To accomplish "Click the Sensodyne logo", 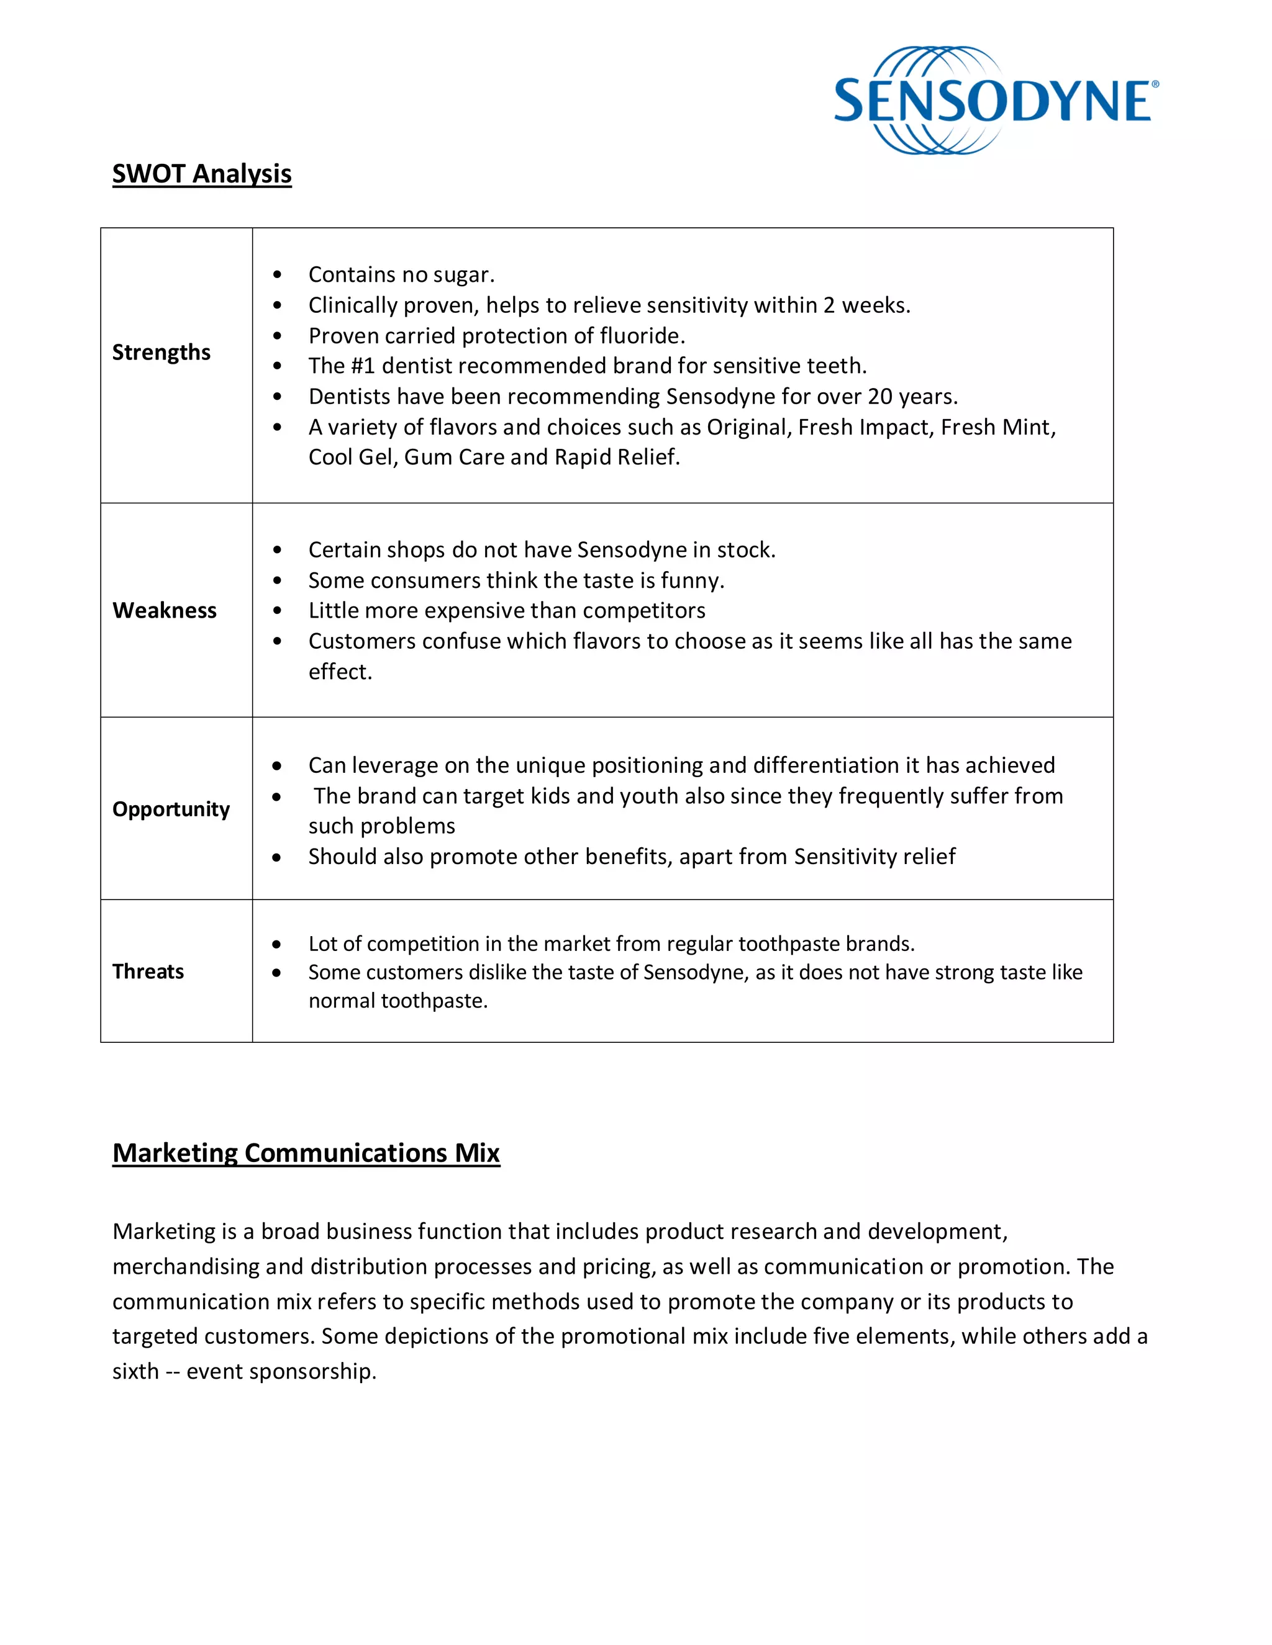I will (993, 101).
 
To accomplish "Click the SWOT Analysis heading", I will (202, 174).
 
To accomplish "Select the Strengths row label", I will (161, 353).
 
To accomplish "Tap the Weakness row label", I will (164, 610).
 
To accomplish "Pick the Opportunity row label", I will (171, 809).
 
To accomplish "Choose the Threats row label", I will (148, 971).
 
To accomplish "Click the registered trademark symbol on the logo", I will (1155, 84).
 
